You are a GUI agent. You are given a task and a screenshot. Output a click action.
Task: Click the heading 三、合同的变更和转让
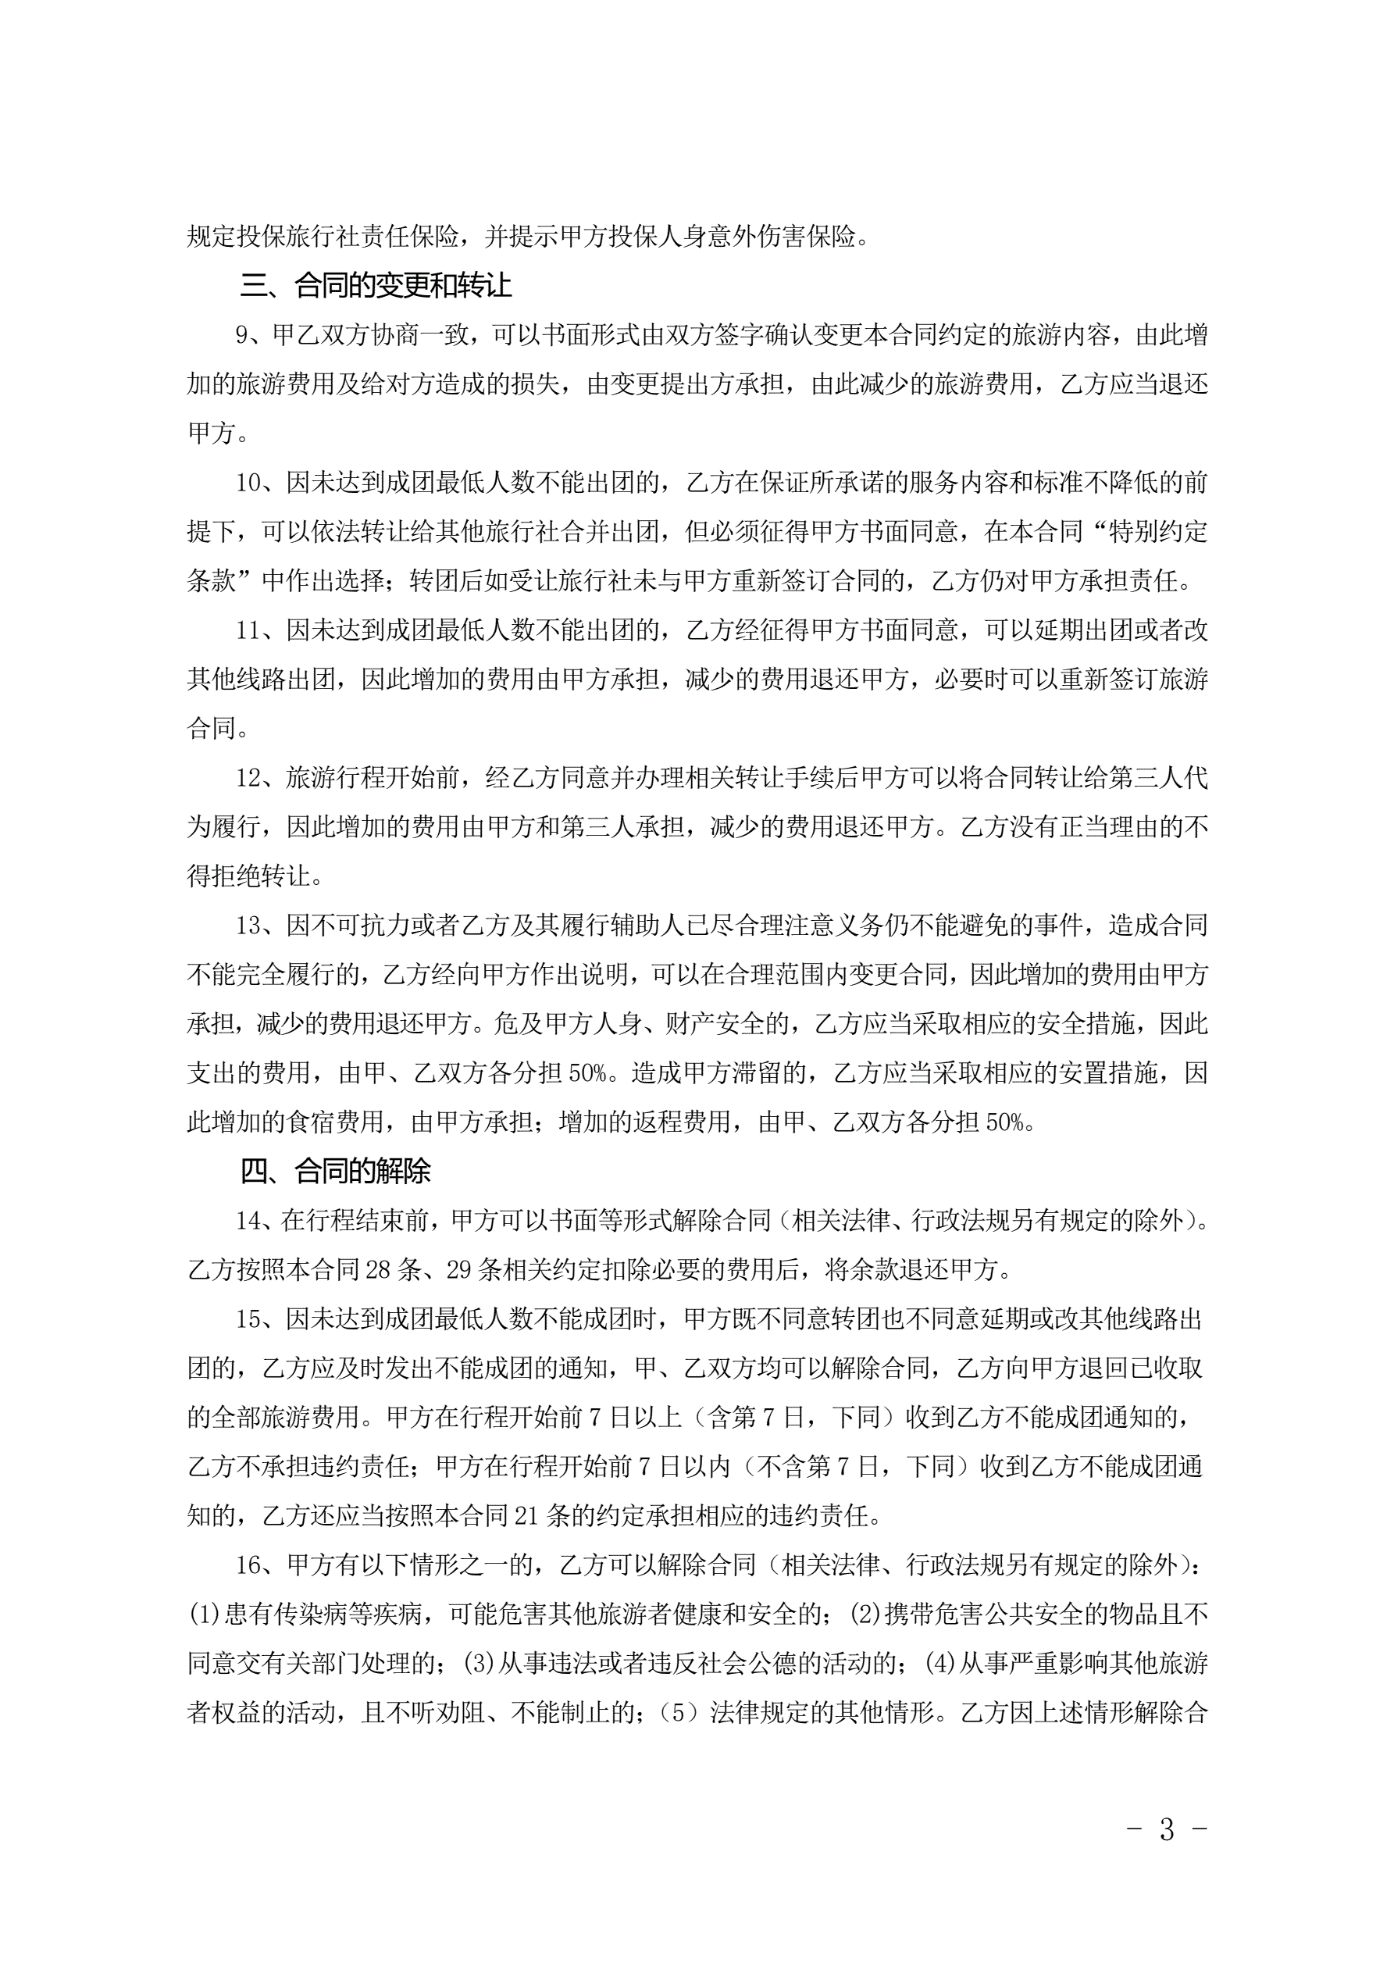coord(376,285)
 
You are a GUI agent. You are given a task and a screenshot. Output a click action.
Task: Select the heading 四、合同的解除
coord(335,1170)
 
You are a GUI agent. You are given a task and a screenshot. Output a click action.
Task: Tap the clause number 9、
coord(254,335)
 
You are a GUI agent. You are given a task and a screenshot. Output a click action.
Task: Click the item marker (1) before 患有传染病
coord(205,1614)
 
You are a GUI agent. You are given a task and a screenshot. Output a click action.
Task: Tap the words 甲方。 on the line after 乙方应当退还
coord(217,433)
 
